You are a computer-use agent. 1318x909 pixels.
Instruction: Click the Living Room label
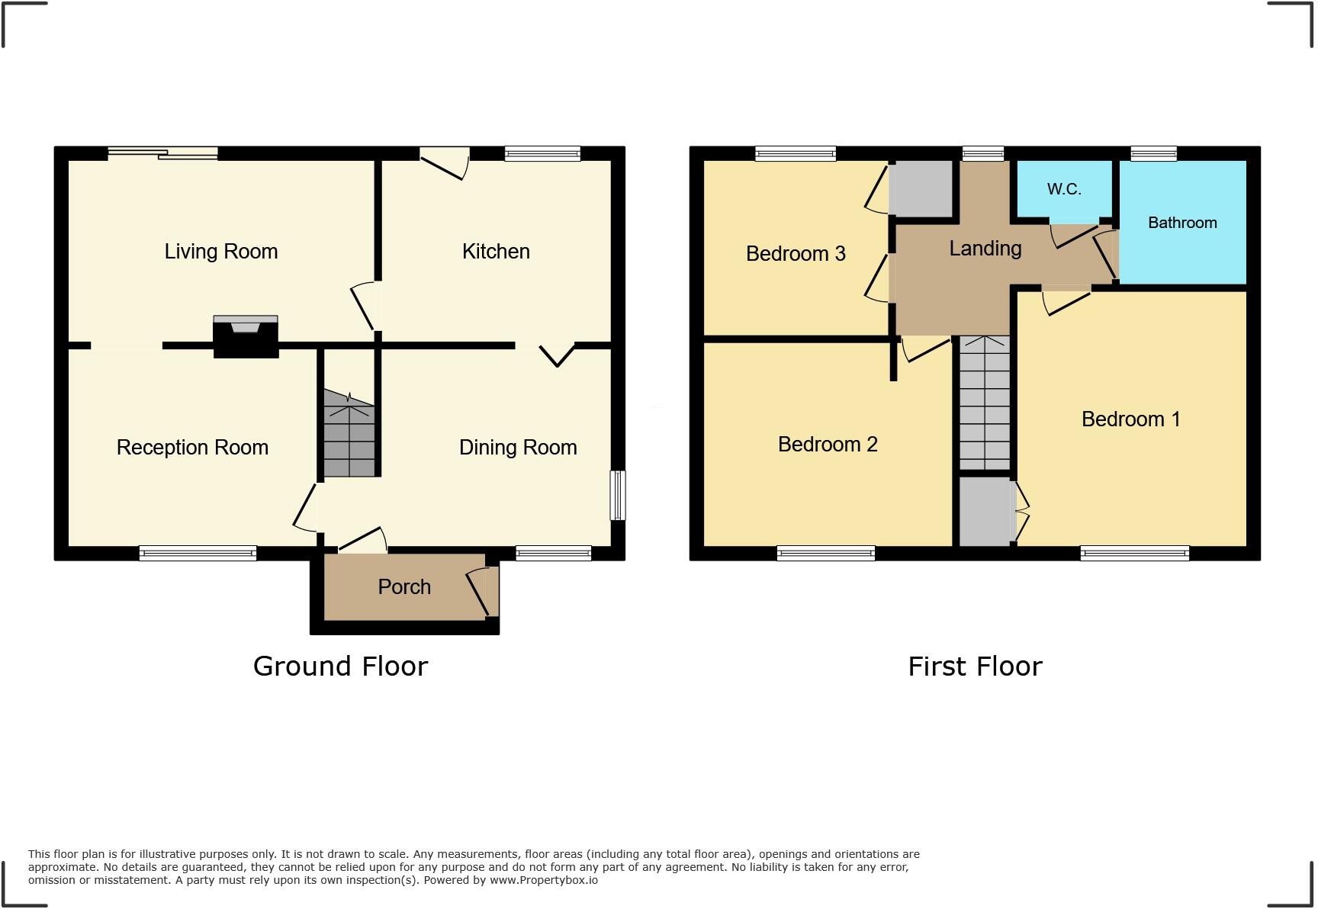[x=221, y=252]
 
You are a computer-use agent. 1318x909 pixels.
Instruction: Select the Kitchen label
[x=496, y=252]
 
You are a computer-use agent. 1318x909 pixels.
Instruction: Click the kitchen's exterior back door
[x=444, y=161]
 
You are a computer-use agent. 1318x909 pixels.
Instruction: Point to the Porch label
[x=404, y=587]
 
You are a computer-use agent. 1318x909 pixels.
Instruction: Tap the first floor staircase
[x=985, y=404]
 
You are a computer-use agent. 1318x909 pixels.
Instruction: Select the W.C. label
[x=1064, y=189]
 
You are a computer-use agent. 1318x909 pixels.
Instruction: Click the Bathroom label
[x=1182, y=223]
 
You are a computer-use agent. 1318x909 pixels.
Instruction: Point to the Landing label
[x=985, y=249]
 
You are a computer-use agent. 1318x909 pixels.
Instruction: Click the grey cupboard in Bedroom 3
[x=921, y=188]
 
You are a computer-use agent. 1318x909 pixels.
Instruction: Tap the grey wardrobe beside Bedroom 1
[x=986, y=512]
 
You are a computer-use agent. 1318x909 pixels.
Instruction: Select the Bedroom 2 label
[x=828, y=445]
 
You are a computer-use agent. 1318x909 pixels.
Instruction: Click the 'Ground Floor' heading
[x=340, y=666]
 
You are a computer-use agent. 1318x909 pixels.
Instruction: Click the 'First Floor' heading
[x=975, y=666]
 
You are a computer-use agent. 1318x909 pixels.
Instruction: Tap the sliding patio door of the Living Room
[x=163, y=153]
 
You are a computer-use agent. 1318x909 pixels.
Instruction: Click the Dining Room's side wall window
[x=618, y=496]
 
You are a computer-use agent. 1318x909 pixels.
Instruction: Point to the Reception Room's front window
[x=198, y=554]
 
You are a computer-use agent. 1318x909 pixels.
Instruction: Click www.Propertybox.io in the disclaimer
[x=543, y=880]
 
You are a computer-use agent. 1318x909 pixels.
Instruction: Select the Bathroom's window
[x=1153, y=153]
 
